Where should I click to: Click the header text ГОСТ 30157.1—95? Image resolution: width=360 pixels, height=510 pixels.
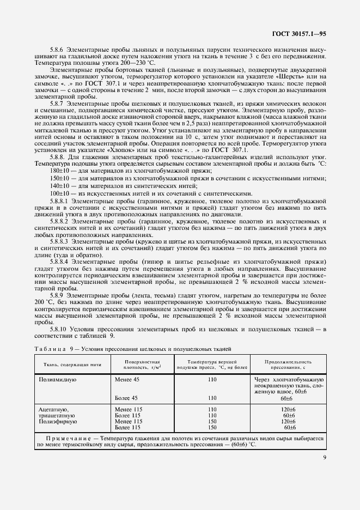299,34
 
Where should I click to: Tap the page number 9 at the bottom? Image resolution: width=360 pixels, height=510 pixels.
325,457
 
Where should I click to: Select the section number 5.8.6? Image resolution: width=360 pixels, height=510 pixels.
57,50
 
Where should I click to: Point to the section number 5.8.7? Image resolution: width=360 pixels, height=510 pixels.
57,104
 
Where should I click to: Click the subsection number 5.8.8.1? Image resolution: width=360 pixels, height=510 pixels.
59,201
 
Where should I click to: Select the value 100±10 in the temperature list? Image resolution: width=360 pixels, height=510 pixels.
59,193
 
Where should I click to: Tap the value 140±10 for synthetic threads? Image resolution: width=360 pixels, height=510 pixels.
59,186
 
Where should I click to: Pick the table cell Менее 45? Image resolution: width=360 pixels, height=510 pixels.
127,378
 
